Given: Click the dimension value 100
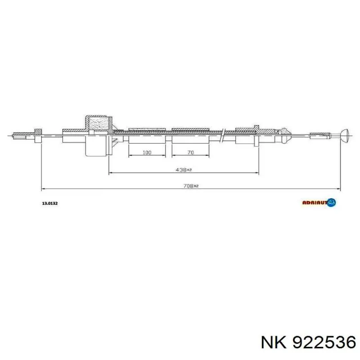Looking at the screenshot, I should (147, 153).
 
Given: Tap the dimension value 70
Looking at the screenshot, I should (190, 153).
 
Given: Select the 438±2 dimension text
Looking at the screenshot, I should (184, 170).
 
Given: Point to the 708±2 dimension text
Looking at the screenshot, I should (191, 185).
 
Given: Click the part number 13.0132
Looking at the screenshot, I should (49, 203).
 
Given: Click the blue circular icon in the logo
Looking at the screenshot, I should (331, 203).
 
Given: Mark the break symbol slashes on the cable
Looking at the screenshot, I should (223, 134).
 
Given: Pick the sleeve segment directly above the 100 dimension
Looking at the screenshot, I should (147, 139).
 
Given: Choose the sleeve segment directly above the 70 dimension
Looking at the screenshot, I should (190, 139).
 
